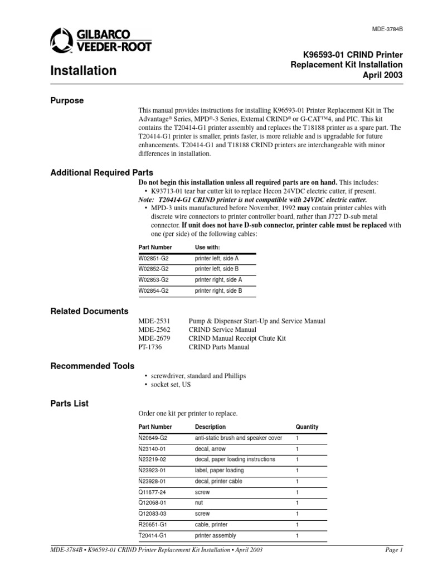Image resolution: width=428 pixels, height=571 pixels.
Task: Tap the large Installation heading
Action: click(x=84, y=71)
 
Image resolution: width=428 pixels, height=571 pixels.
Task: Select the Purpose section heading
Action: click(x=67, y=101)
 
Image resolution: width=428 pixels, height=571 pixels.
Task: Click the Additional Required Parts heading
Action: click(x=101, y=173)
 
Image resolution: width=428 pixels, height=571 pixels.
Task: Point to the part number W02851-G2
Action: click(x=153, y=259)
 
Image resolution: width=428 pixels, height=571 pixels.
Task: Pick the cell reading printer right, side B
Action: click(x=218, y=291)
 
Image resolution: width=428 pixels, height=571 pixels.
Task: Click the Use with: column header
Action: click(x=207, y=247)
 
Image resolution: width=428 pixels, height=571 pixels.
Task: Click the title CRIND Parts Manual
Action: click(x=219, y=347)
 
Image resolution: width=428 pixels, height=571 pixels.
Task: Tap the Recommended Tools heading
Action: click(x=92, y=366)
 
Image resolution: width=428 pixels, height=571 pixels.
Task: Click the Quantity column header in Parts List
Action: click(x=307, y=427)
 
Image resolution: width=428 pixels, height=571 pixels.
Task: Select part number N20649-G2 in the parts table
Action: click(x=153, y=438)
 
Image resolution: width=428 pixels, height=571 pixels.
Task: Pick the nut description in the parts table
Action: click(x=199, y=503)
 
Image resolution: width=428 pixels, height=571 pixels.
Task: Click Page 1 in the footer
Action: click(x=393, y=550)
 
